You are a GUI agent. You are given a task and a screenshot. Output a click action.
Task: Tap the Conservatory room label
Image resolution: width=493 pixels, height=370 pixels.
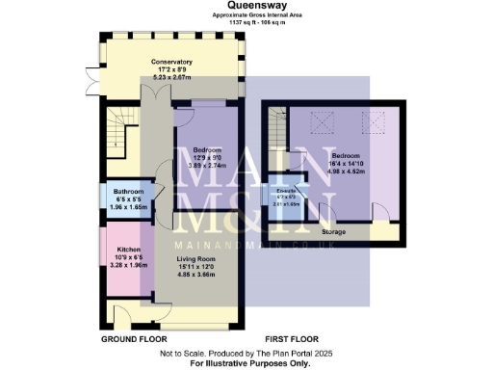pos(171,62)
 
